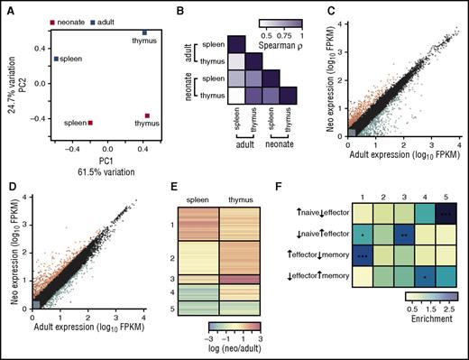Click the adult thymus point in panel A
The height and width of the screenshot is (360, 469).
pos(144,33)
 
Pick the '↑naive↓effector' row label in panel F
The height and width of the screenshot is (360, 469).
pos(309,216)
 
